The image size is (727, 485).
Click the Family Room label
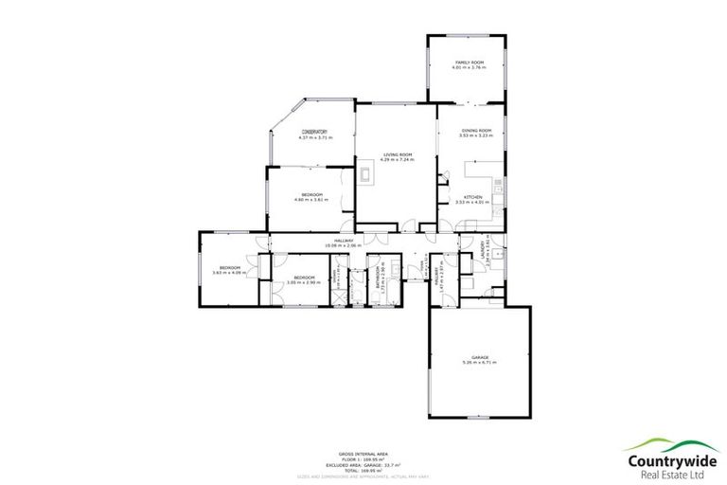coord(470,63)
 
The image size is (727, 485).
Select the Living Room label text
coord(397,154)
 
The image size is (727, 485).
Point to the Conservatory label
coord(314,132)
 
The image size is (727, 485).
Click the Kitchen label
coord(470,196)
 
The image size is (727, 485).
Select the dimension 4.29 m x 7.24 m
coord(397,160)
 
